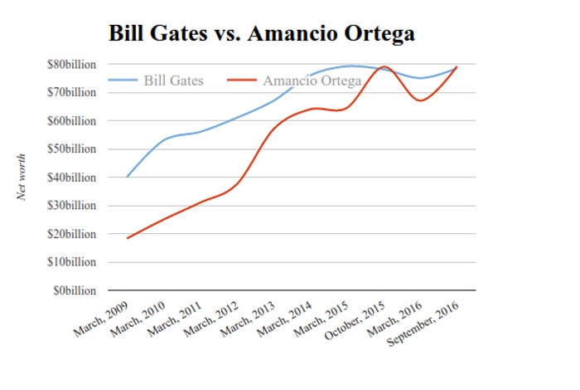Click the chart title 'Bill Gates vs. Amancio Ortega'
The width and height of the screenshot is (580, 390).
tap(261, 33)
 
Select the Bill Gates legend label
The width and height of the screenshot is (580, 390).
tap(173, 80)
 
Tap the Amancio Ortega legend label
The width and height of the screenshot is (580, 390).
tap(312, 80)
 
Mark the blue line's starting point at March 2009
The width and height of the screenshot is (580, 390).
tap(128, 177)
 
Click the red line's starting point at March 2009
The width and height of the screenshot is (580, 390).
tap(128, 238)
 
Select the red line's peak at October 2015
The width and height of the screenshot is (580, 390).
tap(384, 66)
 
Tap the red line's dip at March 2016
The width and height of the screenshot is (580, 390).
tap(421, 100)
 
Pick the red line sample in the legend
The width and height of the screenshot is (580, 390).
tap(240, 80)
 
